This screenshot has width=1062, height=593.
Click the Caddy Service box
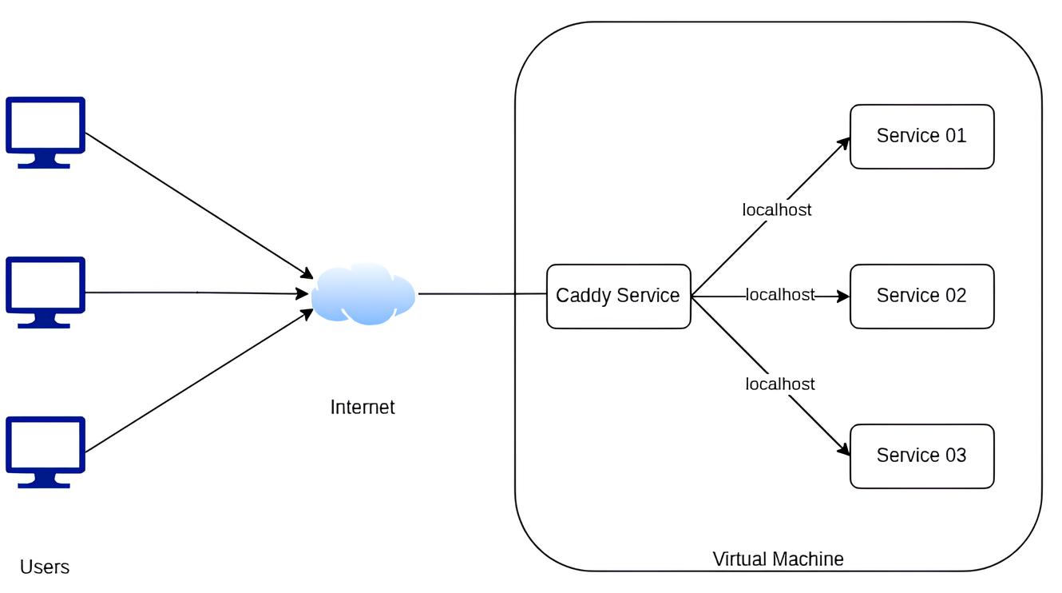618,296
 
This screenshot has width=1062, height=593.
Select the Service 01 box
921,136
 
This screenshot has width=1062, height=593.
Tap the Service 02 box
921,296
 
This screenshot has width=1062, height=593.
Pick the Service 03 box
921,456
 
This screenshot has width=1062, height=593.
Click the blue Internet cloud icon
363,293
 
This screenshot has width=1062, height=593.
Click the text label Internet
363,407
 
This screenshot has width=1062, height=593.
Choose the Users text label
45,567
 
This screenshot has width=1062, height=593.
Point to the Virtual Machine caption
778,559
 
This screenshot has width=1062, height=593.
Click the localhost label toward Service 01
777,209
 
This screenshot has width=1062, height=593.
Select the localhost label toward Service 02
780,295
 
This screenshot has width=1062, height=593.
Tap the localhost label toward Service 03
780,384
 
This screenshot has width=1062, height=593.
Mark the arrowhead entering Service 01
844,142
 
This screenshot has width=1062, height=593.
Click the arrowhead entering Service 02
843,296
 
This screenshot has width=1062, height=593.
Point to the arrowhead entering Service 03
843,450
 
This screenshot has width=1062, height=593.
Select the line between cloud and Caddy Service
481,294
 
